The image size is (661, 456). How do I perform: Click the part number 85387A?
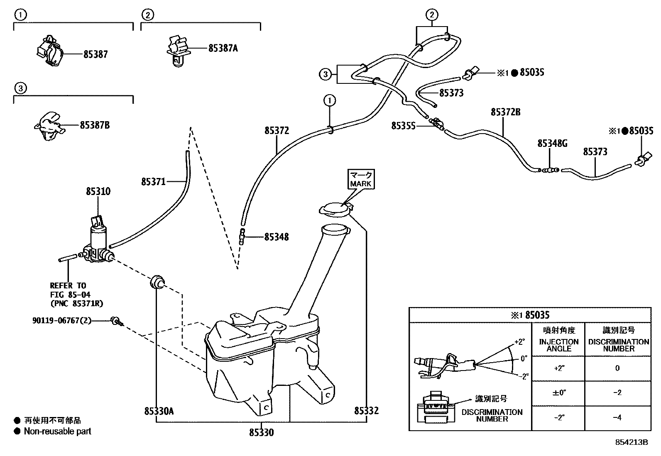(223, 49)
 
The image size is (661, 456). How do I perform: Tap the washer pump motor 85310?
(98, 242)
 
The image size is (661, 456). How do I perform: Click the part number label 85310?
(98, 192)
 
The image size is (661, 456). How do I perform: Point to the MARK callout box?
(361, 179)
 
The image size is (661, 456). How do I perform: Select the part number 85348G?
(552, 144)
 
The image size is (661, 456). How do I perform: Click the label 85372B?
(505, 112)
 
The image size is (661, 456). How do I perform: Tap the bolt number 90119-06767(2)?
(62, 321)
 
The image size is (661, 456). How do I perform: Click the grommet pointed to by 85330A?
(157, 282)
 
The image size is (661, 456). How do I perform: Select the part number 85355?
(403, 125)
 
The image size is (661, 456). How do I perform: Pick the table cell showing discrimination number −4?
(617, 417)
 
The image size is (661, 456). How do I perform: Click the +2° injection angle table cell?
(559, 368)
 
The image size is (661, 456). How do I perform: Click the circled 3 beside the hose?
(325, 75)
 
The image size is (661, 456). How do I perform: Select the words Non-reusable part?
(57, 431)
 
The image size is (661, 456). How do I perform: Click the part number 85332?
(366, 411)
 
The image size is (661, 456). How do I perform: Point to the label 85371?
(153, 182)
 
